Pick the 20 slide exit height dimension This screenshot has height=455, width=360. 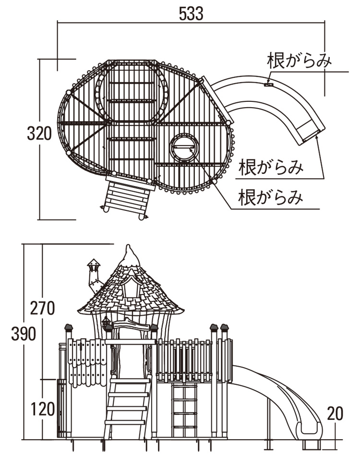tap(336, 413)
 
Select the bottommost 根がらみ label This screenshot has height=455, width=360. tap(272, 197)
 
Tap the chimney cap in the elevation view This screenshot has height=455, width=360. tap(94, 263)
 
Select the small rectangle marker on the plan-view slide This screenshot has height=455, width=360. tap(268, 85)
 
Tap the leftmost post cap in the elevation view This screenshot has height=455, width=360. tap(69, 328)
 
